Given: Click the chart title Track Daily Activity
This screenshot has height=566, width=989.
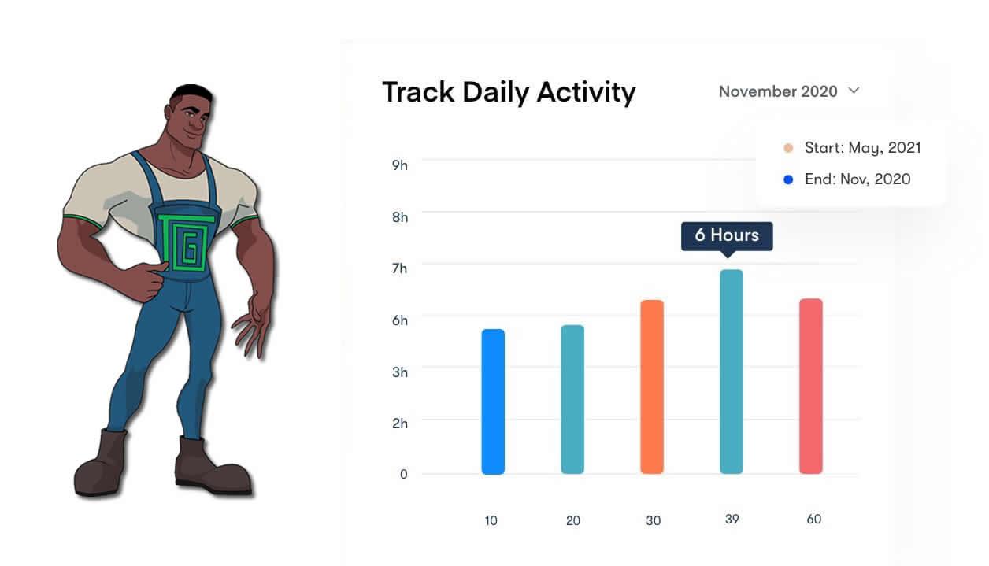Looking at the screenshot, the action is (x=509, y=93).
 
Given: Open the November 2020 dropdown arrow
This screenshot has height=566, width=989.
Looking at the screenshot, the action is (x=854, y=91).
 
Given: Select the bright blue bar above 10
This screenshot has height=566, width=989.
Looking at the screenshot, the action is (x=493, y=401).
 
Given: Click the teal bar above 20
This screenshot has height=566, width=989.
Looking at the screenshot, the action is (x=572, y=400).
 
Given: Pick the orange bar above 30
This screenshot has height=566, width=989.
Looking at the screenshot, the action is (x=652, y=387).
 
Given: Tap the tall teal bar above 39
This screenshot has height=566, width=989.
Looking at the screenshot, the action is (x=732, y=372).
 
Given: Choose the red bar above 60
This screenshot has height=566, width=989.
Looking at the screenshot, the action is (x=810, y=387).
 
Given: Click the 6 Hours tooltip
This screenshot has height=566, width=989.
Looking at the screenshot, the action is (x=727, y=236).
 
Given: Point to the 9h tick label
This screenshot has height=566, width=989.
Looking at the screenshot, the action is (x=399, y=165).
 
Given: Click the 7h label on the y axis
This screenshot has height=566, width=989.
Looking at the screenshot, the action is (x=399, y=268).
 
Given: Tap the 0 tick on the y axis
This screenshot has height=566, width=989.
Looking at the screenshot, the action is (x=403, y=474).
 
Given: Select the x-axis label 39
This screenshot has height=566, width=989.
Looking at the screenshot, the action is (x=732, y=520).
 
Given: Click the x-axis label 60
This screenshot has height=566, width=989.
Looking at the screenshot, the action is (x=813, y=520).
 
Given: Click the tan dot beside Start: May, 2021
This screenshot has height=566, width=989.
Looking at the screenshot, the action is (x=788, y=148).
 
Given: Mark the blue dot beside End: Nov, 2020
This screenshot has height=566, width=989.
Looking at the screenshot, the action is (x=788, y=179).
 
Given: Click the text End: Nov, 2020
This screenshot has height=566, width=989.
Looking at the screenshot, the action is (x=858, y=179).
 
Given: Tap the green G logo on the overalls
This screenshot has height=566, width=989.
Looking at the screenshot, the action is (x=186, y=242).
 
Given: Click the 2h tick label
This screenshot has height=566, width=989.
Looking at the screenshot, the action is (x=399, y=424).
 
